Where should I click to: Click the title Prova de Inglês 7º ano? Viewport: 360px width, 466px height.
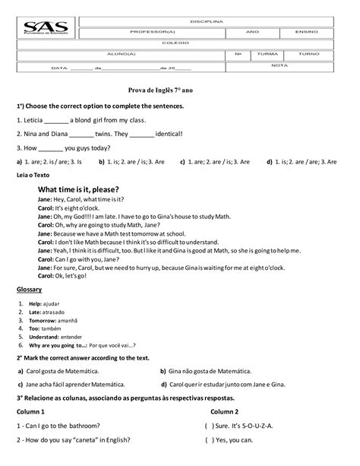coord(161,90)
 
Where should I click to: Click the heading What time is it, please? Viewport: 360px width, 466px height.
coord(78,189)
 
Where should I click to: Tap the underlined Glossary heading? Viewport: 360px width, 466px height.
coord(29,290)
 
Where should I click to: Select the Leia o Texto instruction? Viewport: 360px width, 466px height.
coord(33,175)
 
